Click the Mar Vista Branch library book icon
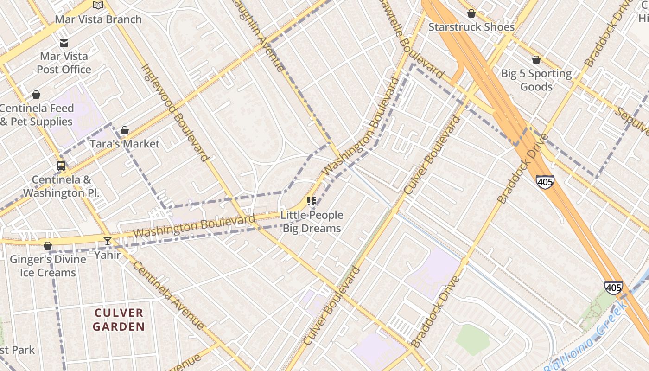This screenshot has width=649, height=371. [98, 6]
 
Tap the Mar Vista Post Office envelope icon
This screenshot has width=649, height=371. [64, 43]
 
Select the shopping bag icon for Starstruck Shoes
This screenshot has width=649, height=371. [471, 13]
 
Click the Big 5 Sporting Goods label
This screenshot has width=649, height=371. [536, 80]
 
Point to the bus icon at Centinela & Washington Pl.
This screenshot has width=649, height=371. [61, 166]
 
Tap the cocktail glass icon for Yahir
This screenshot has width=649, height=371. [108, 241]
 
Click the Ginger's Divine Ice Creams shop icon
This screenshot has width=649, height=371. [48, 246]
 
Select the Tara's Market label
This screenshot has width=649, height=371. [124, 144]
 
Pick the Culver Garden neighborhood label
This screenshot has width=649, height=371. [119, 320]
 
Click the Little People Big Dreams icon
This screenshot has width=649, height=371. [312, 201]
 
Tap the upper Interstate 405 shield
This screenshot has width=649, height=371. [545, 182]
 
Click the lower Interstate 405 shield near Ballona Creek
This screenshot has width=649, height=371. [613, 288]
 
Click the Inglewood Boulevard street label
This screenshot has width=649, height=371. [175, 113]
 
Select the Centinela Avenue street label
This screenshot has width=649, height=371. [169, 295]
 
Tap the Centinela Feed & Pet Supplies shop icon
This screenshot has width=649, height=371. [36, 95]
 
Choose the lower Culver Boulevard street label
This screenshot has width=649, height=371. [332, 306]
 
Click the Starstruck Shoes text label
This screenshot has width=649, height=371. [471, 27]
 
